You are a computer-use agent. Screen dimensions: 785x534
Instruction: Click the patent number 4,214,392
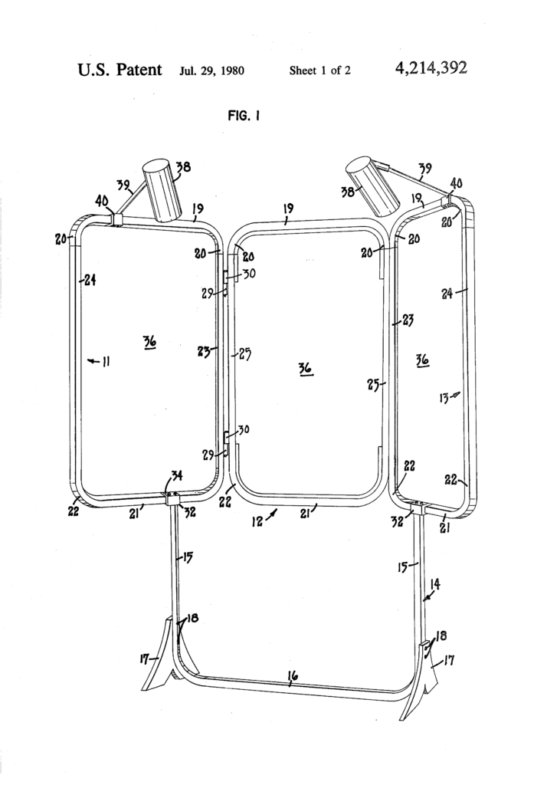431,70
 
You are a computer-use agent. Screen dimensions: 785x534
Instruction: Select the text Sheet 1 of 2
320,71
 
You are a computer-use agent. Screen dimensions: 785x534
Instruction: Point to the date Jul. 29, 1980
212,71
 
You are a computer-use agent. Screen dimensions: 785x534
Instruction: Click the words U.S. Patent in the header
120,70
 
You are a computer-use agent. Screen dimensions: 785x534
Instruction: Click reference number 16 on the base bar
293,675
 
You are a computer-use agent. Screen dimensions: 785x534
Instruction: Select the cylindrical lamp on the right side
372,184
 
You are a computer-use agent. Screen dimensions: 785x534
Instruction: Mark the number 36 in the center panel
305,370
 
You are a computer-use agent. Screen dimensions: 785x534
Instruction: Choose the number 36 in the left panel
149,343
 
